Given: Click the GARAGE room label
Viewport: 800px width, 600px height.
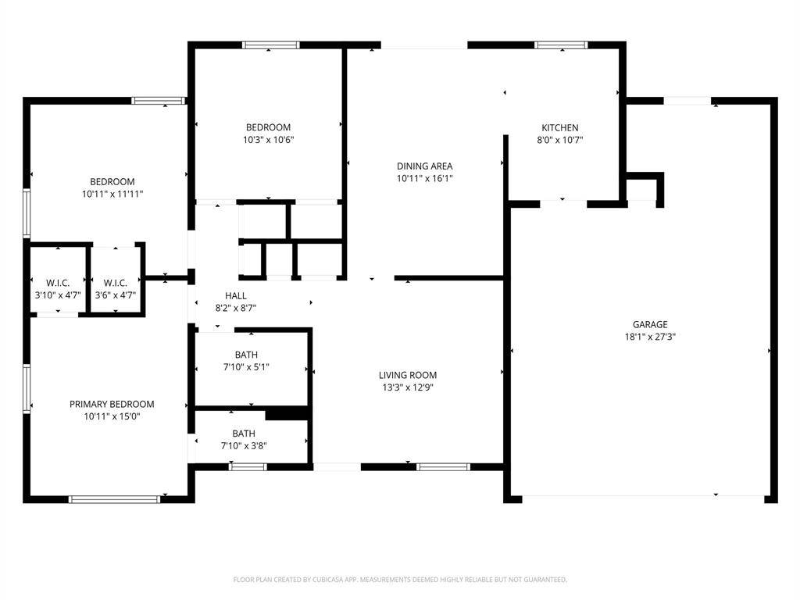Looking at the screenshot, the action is pyautogui.click(x=650, y=324).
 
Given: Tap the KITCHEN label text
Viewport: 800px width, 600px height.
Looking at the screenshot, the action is pyautogui.click(x=559, y=127).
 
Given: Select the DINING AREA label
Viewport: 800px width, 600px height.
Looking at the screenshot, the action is pyautogui.click(x=424, y=166).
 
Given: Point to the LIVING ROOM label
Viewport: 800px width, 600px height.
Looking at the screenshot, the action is pyautogui.click(x=408, y=375).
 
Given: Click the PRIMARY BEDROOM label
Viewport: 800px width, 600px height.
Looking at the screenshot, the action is pyautogui.click(x=112, y=404).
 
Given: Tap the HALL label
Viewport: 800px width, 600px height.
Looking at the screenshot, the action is pyautogui.click(x=236, y=295).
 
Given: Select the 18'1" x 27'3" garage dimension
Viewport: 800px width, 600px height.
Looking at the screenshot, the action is pyautogui.click(x=650, y=337).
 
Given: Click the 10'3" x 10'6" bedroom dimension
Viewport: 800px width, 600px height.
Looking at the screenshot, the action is pyautogui.click(x=269, y=140).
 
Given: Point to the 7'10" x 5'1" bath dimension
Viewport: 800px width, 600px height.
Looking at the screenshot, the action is pyautogui.click(x=246, y=367).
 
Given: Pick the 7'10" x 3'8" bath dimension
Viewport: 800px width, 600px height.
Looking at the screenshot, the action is pyautogui.click(x=244, y=445).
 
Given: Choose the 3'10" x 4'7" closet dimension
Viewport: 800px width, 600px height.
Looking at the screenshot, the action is pyautogui.click(x=58, y=295).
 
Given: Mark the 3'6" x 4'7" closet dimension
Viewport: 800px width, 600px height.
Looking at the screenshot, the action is pyautogui.click(x=116, y=295).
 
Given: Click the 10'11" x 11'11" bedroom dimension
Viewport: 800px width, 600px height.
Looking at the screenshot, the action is pyautogui.click(x=112, y=194).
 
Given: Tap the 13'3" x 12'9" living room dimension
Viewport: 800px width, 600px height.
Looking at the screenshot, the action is pyautogui.click(x=408, y=387).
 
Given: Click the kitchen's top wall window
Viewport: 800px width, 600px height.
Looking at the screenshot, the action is pyautogui.click(x=561, y=45).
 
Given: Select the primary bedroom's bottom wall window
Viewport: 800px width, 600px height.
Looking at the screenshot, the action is pyautogui.click(x=114, y=499).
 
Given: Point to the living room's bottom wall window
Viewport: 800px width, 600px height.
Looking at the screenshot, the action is pyautogui.click(x=443, y=466).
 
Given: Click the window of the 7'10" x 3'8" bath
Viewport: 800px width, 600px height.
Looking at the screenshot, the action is pyautogui.click(x=248, y=466).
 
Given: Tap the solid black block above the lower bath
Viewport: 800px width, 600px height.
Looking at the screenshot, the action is pyautogui.click(x=287, y=414).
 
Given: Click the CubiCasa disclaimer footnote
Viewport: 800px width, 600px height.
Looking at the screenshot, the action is pyautogui.click(x=400, y=580).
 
